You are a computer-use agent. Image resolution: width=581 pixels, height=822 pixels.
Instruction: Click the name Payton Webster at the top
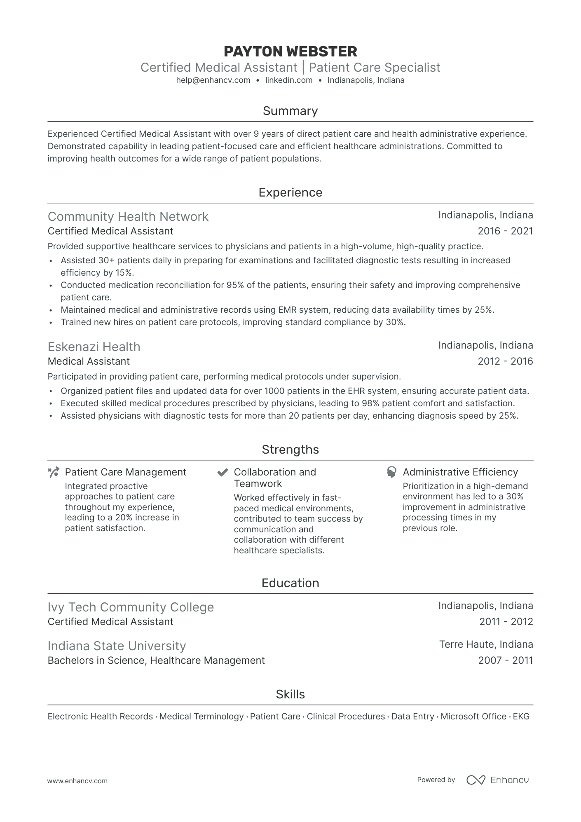pos(290,52)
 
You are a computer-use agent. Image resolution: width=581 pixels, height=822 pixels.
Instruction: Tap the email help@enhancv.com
pos(213,80)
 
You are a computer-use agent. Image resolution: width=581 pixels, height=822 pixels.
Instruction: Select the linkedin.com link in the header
pos(288,80)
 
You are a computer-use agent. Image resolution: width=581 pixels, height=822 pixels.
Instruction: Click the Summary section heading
pos(290,111)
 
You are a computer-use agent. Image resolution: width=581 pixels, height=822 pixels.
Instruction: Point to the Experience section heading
pos(290,192)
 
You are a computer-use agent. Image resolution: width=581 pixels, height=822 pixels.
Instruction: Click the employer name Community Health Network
pos(128,216)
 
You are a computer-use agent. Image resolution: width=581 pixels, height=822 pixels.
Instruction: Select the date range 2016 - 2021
pos(505,231)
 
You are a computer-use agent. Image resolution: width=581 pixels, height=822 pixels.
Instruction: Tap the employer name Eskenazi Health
pos(94,347)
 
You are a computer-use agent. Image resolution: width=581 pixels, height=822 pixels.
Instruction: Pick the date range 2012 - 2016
pos(505,361)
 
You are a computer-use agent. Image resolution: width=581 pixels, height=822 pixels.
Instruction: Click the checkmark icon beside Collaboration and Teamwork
pos(223,472)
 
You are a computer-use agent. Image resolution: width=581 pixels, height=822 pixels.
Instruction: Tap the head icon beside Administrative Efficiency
pos(391,472)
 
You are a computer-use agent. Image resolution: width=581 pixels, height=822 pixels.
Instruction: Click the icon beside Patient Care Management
pos(54,472)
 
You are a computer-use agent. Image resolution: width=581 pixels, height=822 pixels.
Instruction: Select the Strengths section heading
pos(290,450)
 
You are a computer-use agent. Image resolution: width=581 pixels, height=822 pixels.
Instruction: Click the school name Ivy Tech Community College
pos(131,607)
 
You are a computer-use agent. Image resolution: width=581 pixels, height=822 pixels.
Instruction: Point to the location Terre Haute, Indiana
pos(486,644)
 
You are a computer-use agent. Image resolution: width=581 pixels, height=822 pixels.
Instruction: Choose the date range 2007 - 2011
pos(506,660)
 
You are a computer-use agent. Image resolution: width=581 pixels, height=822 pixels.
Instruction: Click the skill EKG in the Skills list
pos(521,717)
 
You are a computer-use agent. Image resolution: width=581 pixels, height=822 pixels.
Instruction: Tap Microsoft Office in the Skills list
pos(473,717)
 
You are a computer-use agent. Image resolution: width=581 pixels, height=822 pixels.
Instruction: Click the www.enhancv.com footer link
pos(77,781)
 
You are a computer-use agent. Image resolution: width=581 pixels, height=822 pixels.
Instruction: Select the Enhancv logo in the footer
pos(497,780)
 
